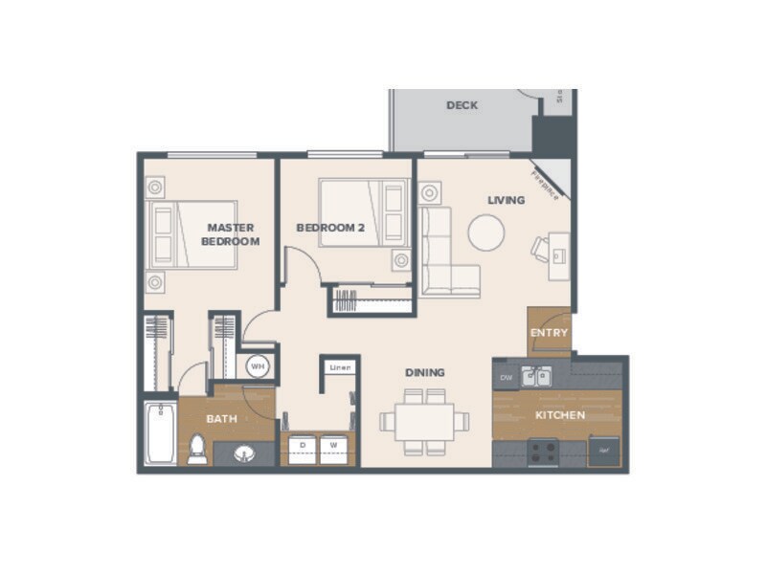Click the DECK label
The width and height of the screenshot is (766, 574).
(462, 105)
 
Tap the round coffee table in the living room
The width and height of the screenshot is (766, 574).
(485, 232)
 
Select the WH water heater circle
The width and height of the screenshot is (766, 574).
(257, 365)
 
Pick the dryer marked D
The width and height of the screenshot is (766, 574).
(304, 446)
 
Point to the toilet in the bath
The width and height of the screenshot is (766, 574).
(197, 448)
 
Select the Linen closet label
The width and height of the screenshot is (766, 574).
(339, 367)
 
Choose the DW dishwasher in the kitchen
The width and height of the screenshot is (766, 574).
(507, 378)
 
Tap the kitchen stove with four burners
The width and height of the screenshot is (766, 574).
(543, 451)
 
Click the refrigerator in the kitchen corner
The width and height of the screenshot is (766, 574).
(603, 450)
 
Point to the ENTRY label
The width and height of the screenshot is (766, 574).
(549, 333)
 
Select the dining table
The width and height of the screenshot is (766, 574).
(424, 421)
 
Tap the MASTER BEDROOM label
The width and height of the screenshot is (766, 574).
(230, 234)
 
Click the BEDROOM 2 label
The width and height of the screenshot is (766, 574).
(330, 228)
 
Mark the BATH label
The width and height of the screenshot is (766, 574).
(222, 419)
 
